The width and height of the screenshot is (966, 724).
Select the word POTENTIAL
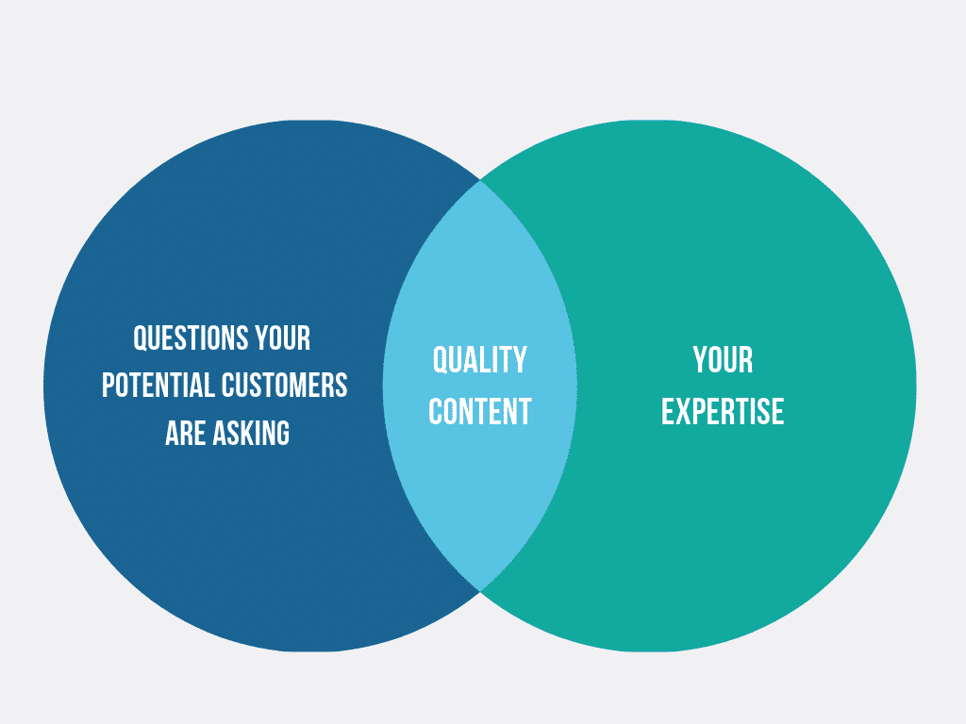pyautogui.click(x=158, y=386)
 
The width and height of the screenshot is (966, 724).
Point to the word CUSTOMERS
pyautogui.click(x=284, y=386)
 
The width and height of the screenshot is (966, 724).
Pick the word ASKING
pyautogui.click(x=251, y=433)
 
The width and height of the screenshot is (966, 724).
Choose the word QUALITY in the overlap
pyautogui.click(x=480, y=360)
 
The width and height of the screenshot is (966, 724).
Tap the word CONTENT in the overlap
pyautogui.click(x=480, y=412)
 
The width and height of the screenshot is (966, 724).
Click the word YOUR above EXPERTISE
pyautogui.click(x=723, y=360)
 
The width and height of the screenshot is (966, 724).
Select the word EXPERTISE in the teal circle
pyautogui.click(x=723, y=412)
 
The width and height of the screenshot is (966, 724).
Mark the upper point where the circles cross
pyautogui.click(x=480, y=180)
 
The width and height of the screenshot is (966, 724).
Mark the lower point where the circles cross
pyautogui.click(x=480, y=591)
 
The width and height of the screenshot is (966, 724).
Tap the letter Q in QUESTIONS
pyautogui.click(x=141, y=339)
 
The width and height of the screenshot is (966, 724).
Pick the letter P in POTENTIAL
pyautogui.click(x=108, y=386)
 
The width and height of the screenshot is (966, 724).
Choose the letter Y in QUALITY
pyautogui.click(x=521, y=360)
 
